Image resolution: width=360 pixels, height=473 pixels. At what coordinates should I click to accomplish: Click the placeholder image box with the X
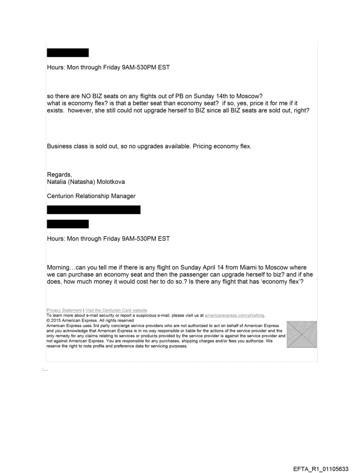(301, 335)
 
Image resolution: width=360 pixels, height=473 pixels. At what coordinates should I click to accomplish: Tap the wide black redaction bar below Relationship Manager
(94, 210)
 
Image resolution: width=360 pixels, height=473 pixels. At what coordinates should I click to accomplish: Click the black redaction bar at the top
(67, 53)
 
